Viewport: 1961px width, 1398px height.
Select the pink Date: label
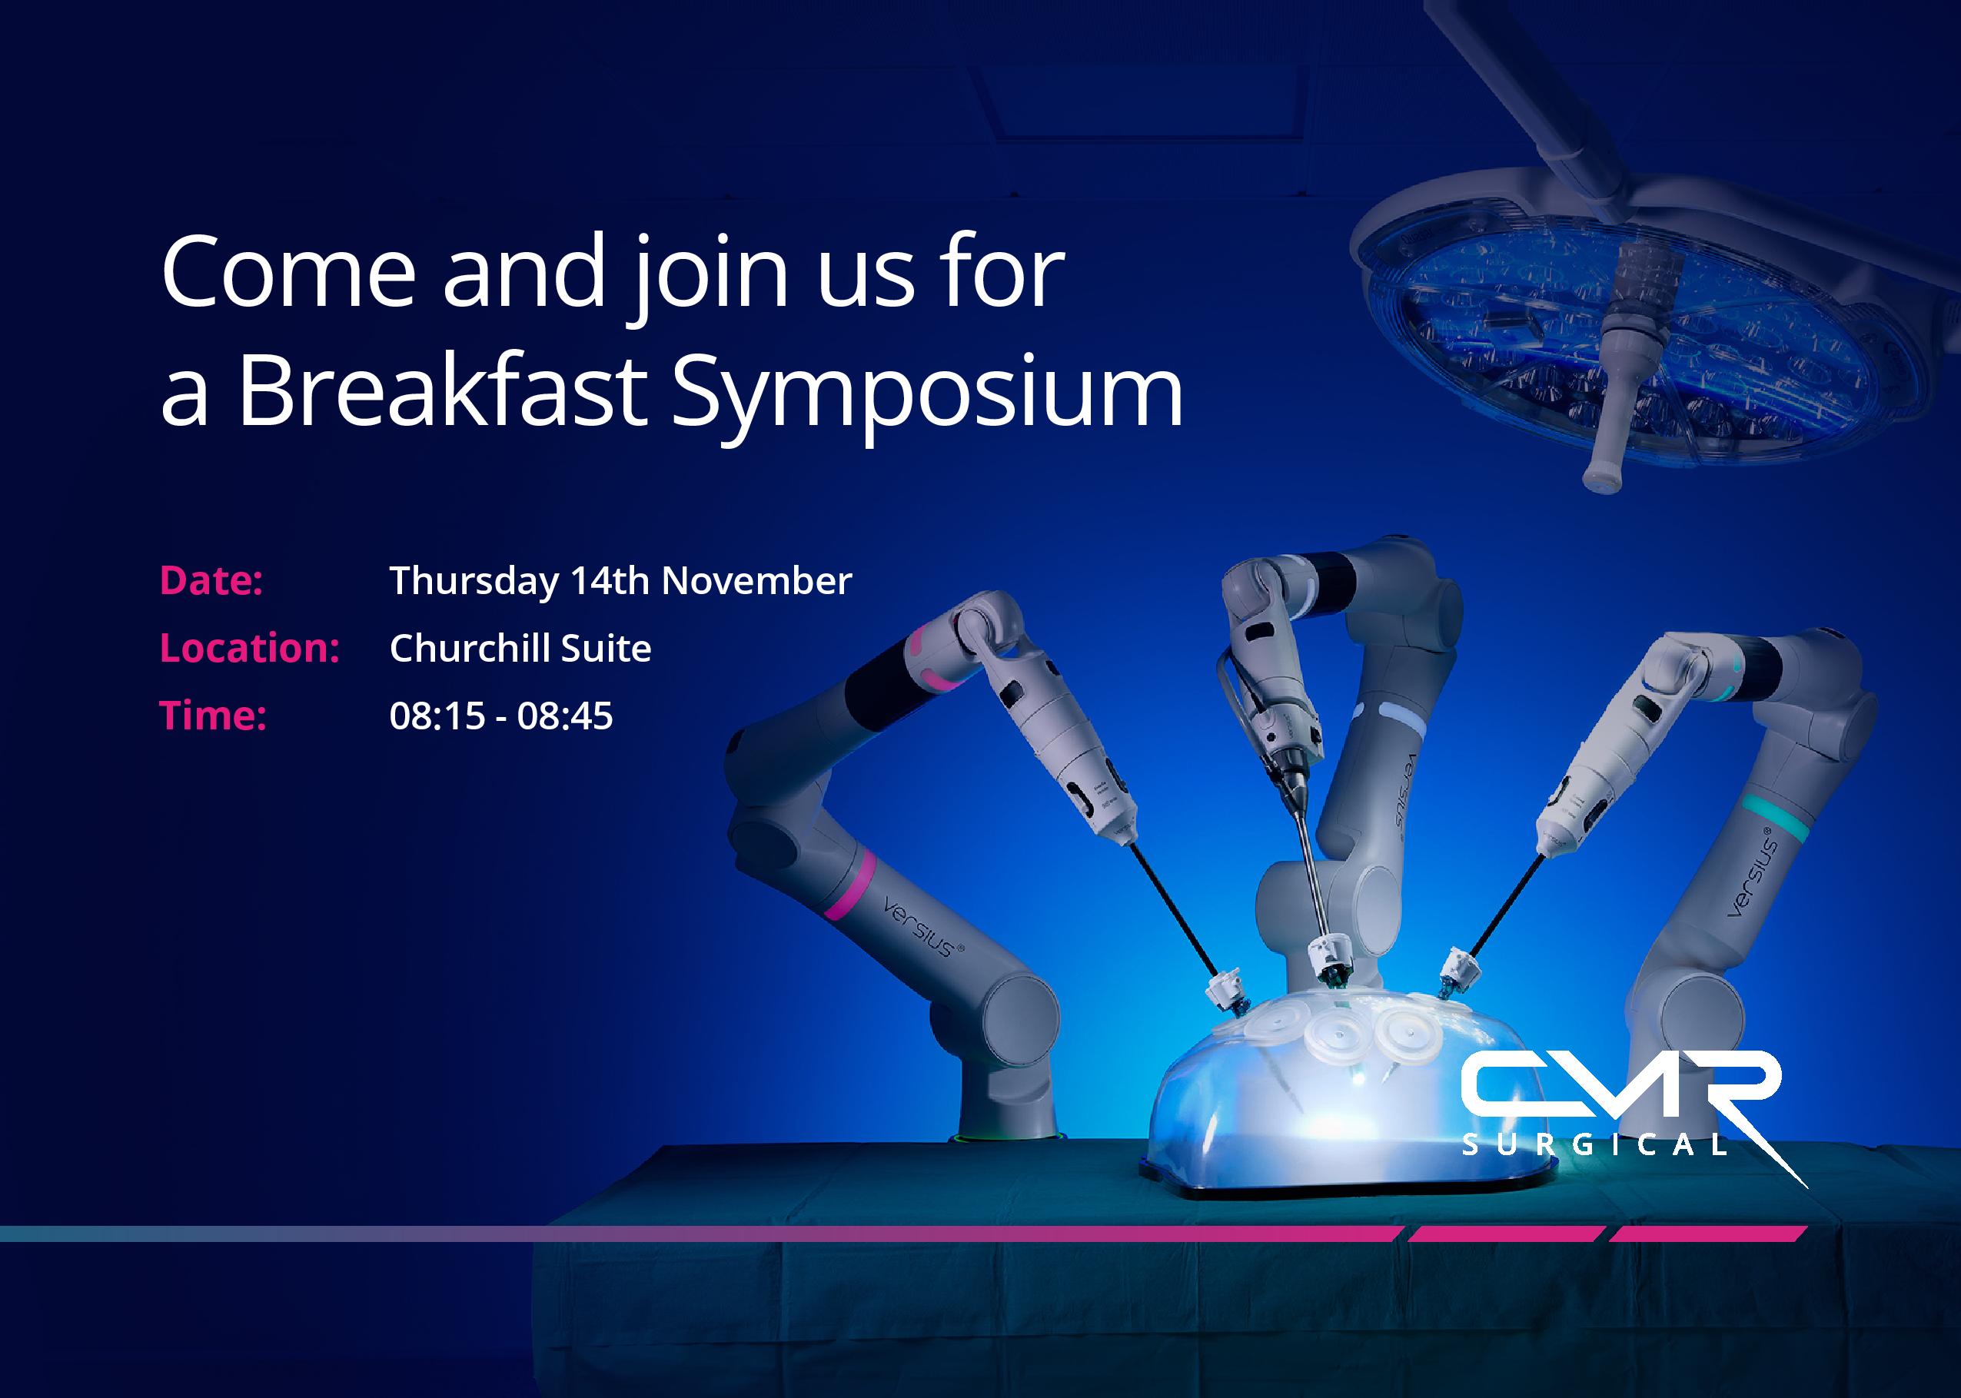211,581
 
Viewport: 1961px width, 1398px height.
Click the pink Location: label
250,648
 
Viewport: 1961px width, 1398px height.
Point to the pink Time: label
213,716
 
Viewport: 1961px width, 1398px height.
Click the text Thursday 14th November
620,582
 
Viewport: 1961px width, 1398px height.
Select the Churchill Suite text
520,648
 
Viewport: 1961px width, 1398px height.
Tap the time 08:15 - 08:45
501,716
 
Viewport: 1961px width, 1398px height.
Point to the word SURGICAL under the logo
1594,1145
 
